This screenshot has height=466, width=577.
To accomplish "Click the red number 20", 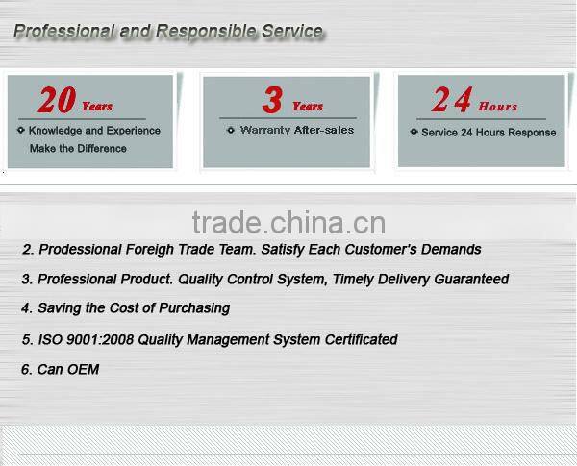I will tap(56, 100).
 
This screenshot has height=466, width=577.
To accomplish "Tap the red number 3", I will tap(272, 100).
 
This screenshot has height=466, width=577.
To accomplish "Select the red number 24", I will tap(451, 100).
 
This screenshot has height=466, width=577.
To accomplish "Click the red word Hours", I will tap(497, 107).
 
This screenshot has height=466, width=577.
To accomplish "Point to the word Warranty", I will tap(264, 130).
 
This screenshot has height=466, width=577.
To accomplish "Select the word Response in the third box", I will tap(532, 133).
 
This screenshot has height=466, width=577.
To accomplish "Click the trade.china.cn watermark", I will tap(288, 223).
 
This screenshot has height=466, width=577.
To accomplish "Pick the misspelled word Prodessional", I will tap(80, 250).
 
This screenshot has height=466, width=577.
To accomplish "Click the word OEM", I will tap(84, 369).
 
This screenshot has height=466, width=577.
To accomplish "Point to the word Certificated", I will tap(358, 339).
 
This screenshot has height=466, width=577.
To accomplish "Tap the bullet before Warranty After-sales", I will tap(232, 131).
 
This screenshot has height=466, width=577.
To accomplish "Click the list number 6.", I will tap(25, 369).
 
